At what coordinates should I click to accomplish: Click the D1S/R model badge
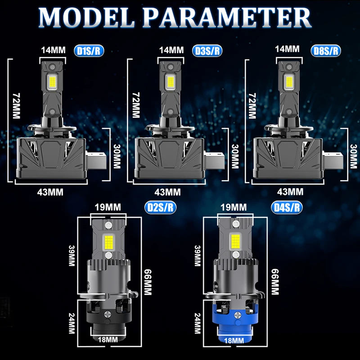coord(89,51)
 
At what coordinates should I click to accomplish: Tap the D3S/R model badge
coord(207,51)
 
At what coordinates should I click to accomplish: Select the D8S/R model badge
coord(326,51)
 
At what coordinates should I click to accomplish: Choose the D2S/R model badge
coord(160,207)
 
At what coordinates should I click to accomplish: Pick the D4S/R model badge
coord(287,207)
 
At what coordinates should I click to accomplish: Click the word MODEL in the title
coord(86,18)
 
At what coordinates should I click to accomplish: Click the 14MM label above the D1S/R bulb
coord(53,50)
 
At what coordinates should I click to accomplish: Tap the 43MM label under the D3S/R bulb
coord(167,192)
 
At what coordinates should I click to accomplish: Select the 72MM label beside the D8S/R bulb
coord(252,106)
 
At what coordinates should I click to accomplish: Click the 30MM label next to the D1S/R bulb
coord(117,156)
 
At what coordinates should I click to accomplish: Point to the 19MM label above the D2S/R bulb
coord(108,207)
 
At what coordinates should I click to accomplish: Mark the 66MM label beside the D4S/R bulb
coord(275,282)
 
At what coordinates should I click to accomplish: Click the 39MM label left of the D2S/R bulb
coord(72,256)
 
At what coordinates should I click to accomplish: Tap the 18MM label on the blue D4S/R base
coord(234,340)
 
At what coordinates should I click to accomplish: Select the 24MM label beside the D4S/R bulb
coord(198,323)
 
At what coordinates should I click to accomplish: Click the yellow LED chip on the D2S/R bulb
coord(108,243)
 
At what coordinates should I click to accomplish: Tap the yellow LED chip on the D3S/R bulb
coord(171,82)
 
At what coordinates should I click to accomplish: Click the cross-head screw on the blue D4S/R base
coord(237,315)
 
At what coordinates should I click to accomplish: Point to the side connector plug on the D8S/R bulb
coord(333,160)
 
